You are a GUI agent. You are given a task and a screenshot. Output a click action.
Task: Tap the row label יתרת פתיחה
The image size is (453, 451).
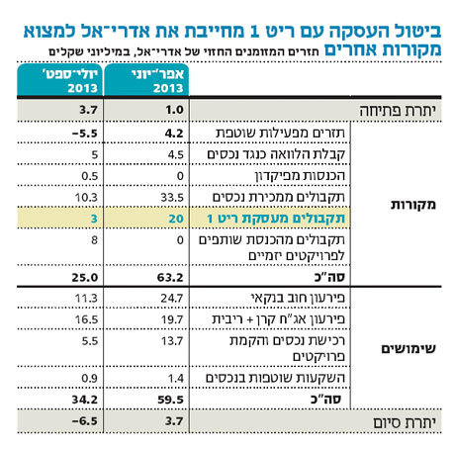point(398,111)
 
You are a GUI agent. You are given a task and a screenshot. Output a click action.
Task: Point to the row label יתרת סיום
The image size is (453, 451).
point(405,421)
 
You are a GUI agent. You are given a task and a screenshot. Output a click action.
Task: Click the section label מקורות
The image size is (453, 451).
point(413,205)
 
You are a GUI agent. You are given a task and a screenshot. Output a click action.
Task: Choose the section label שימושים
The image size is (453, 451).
point(408,348)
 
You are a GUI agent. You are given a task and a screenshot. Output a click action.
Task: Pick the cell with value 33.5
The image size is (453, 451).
point(172,198)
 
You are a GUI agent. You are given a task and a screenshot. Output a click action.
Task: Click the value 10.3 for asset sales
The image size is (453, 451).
point(86,198)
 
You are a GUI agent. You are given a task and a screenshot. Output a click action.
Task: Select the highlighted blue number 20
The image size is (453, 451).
point(176,219)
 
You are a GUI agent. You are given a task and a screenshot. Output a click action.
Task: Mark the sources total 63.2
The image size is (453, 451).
point(170,277)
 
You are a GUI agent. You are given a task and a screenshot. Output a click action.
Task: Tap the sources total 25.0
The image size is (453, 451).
point(85,277)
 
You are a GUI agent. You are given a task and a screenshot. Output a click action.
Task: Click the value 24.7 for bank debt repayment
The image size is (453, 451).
point(172,298)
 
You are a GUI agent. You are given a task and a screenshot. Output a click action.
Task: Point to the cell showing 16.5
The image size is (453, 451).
point(86,319)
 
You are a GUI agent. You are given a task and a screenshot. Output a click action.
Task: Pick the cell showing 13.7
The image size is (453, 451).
point(172,340)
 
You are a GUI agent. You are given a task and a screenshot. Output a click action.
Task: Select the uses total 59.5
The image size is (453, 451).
point(170,400)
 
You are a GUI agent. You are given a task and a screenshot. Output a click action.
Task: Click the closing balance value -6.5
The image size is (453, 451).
point(85,421)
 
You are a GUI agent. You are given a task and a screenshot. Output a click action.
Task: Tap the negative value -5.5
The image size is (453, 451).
point(85,134)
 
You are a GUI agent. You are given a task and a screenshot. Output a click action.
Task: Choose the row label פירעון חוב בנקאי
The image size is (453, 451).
point(298,298)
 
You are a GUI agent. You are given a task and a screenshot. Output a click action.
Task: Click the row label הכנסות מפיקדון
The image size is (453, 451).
point(300,175)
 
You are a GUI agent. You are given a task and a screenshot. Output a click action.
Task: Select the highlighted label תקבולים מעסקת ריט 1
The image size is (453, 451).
point(276,219)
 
